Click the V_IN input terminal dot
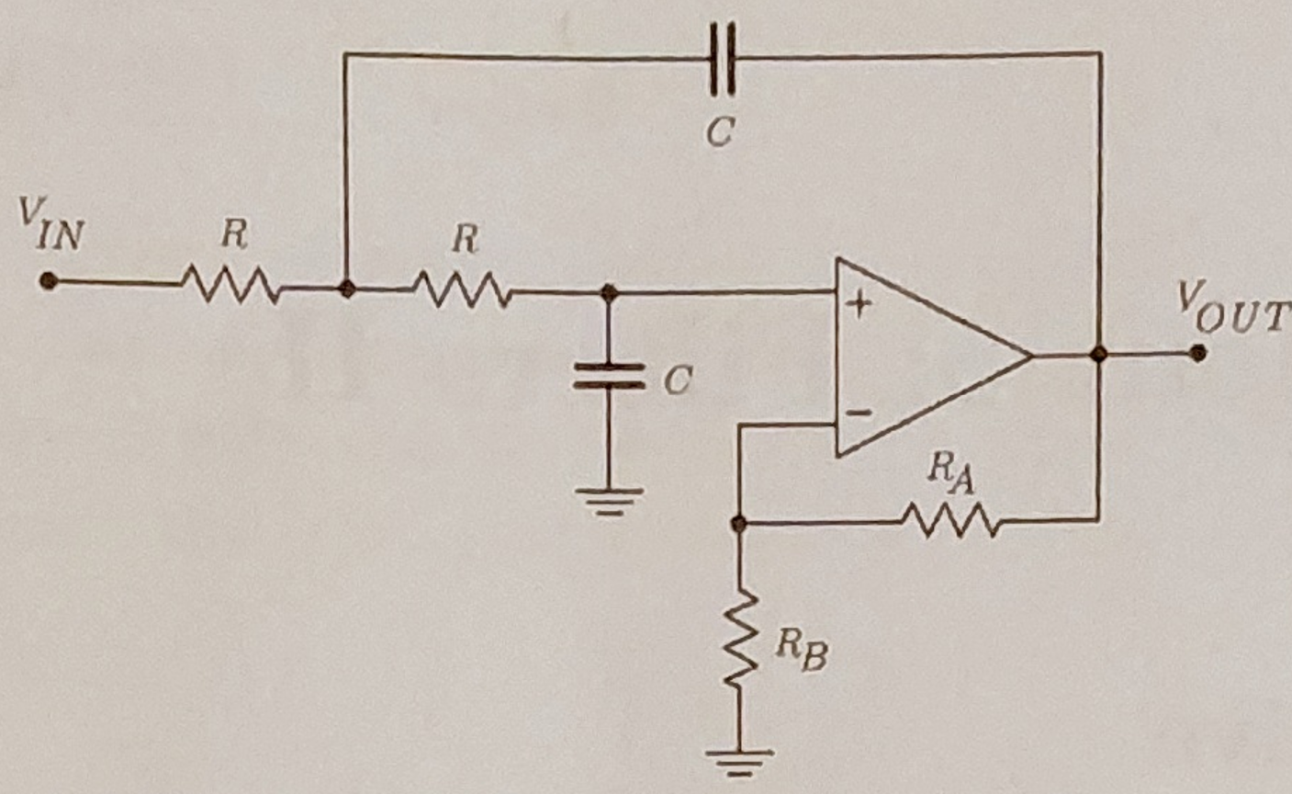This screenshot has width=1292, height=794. [x=49, y=281]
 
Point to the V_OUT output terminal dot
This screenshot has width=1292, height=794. [x=1197, y=353]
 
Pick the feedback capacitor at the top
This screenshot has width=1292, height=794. [x=722, y=57]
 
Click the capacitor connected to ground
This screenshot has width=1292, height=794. [x=608, y=376]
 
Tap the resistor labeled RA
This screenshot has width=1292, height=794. [x=949, y=520]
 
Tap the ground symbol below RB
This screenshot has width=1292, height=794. [x=739, y=761]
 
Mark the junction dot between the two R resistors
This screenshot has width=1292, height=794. [x=346, y=288]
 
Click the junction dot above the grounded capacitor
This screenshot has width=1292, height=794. [x=607, y=292]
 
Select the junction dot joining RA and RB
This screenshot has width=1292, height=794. [x=738, y=523]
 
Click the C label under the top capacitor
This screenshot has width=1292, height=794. [x=719, y=133]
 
